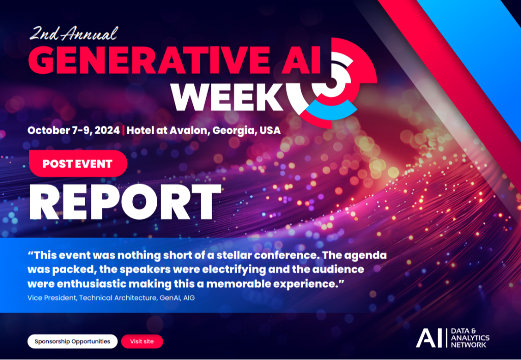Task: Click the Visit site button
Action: (141, 341)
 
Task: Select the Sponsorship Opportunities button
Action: (72, 341)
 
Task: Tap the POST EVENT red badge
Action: (77, 164)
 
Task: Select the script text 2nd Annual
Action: (73, 34)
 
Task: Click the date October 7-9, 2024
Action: (74, 130)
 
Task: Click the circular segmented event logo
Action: (331, 81)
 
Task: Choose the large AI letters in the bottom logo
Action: (429, 338)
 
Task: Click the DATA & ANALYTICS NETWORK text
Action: (470, 338)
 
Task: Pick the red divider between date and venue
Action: (124, 130)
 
